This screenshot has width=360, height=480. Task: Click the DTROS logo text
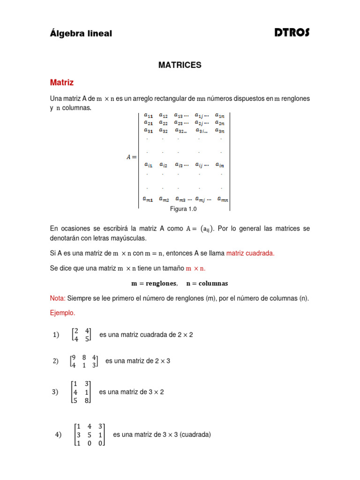point(292,33)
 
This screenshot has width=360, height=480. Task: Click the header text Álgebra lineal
point(81,34)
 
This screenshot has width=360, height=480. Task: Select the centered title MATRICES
point(180,65)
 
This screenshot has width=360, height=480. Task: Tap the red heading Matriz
point(62,82)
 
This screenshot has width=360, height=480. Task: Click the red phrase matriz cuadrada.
point(250,253)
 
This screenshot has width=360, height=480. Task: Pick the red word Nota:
point(58,298)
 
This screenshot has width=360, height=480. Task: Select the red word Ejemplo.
point(62,313)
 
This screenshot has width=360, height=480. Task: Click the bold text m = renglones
point(154,284)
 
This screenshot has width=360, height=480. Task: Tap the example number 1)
point(57,335)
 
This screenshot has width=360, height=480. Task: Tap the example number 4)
point(59,435)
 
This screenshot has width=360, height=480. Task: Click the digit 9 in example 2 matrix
point(73,358)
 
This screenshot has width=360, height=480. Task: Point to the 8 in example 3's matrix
point(87,401)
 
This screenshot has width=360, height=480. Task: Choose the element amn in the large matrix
point(223,199)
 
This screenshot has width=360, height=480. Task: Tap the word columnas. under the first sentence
point(77,108)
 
